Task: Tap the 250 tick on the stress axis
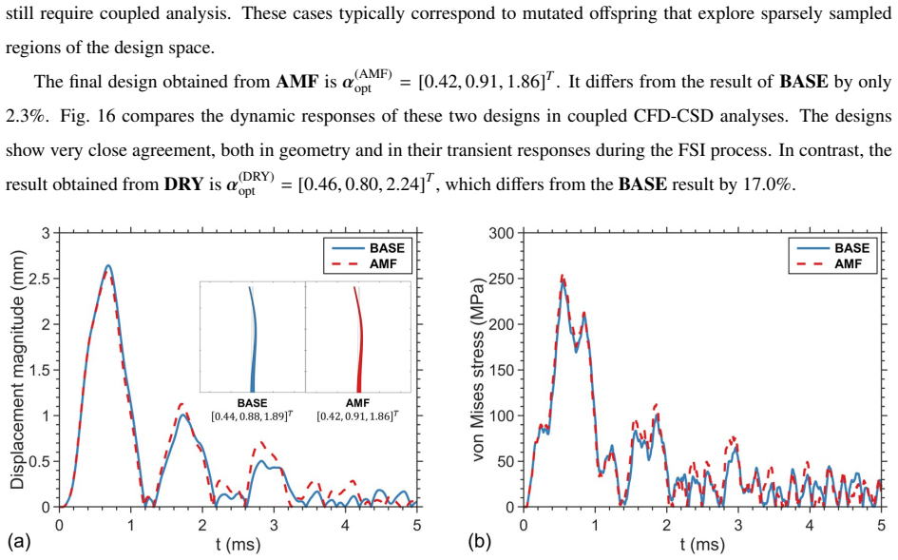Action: pyautogui.click(x=504, y=280)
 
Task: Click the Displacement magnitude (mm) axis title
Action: pyautogui.click(x=17, y=370)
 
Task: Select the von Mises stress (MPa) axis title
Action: pyautogui.click(x=478, y=370)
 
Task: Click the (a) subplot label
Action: pyautogui.click(x=18, y=542)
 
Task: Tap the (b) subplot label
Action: pyautogui.click(x=479, y=542)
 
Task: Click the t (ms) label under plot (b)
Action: pyautogui.click(x=702, y=544)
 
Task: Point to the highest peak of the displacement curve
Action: pyautogui.click(x=107, y=266)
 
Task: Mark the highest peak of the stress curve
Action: pyautogui.click(x=562, y=277)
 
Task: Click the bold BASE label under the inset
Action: pyautogui.click(x=252, y=403)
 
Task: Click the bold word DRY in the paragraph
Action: pyautogui.click(x=183, y=184)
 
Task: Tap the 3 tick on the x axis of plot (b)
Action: pyautogui.click(x=738, y=525)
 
